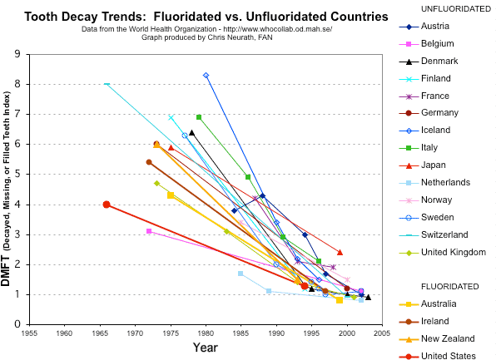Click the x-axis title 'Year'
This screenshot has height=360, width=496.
coord(206,347)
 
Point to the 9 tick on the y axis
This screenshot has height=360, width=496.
coord(17,54)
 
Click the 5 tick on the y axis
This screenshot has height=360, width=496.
coord(17,175)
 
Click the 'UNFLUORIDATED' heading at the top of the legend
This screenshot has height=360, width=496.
coord(457,8)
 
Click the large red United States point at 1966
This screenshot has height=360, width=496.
coord(107,205)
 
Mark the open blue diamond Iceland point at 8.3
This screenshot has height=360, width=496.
coord(206,75)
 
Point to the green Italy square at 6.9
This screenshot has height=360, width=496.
coord(199,117)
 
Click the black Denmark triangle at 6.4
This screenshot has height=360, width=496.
coord(191,132)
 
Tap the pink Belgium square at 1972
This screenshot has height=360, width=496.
coord(149,231)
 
